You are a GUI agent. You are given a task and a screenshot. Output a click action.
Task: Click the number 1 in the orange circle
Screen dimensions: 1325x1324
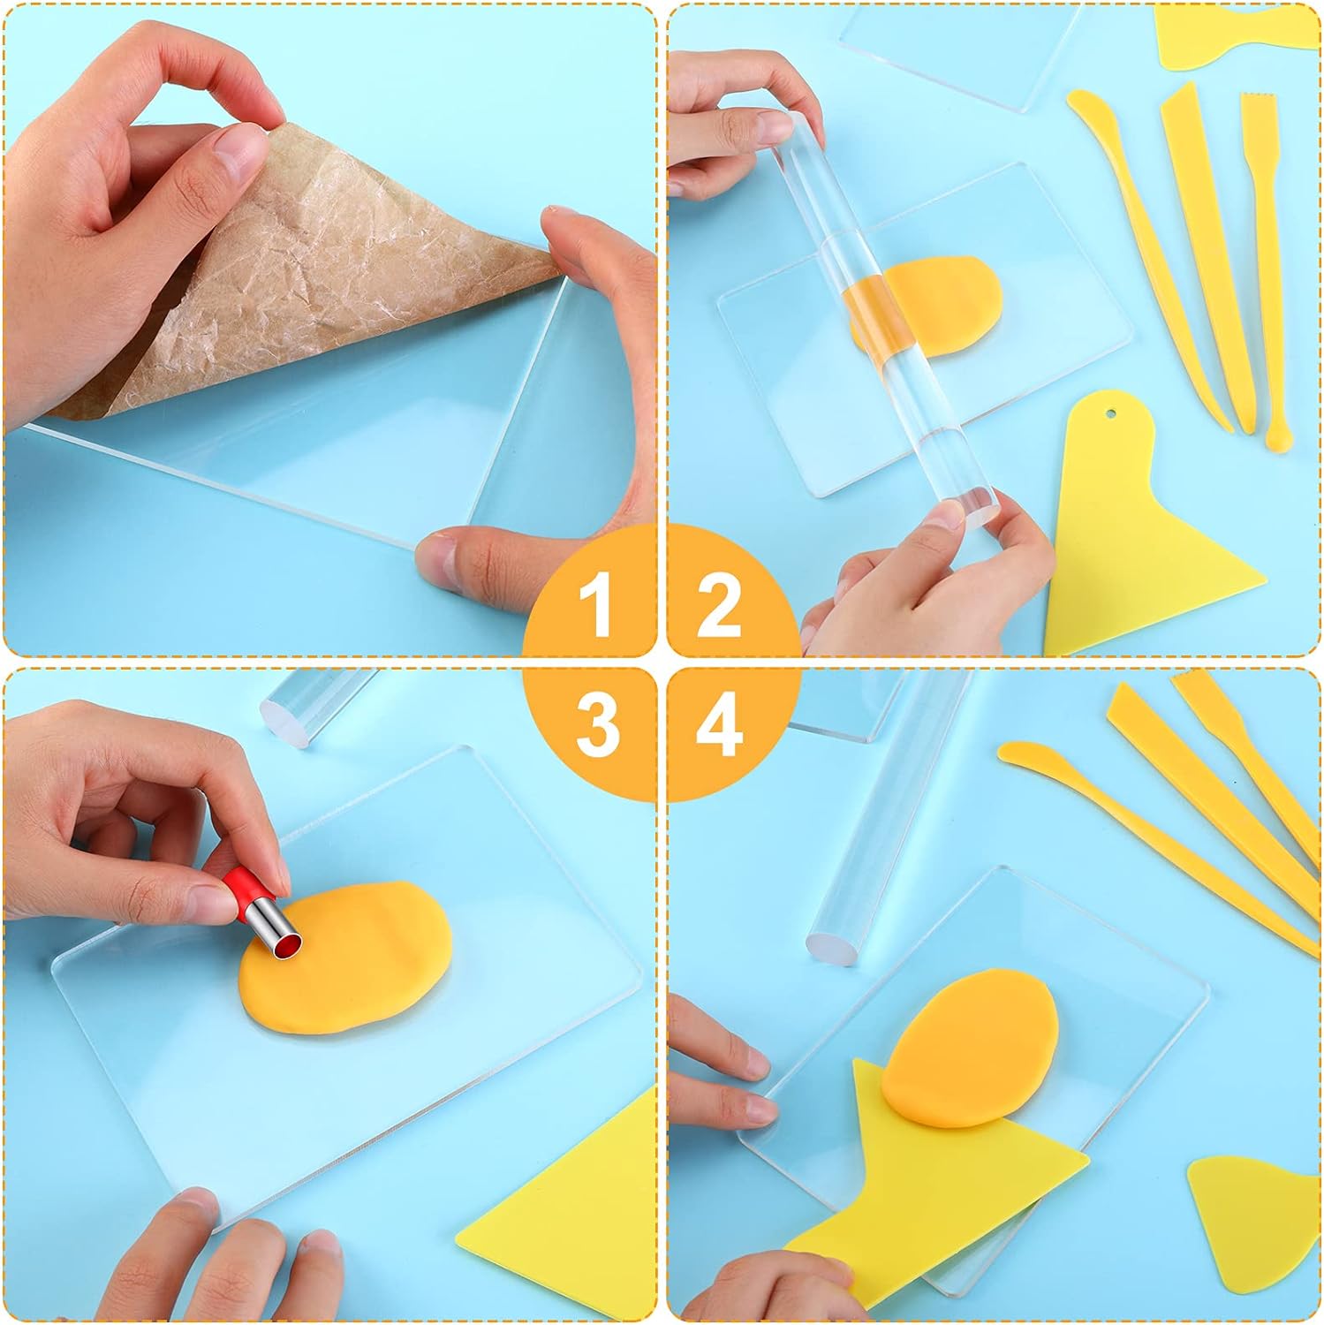click(597, 605)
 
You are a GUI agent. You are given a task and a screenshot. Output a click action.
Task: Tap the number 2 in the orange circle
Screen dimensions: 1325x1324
click(718, 605)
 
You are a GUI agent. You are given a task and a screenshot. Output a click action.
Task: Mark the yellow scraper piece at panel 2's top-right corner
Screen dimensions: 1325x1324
click(1237, 40)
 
